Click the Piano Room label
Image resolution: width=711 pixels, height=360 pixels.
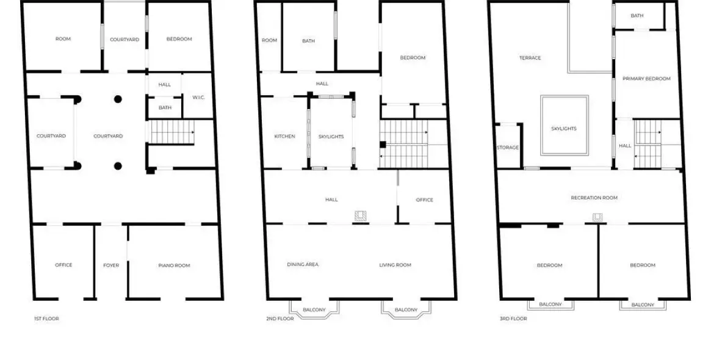tap(174, 265)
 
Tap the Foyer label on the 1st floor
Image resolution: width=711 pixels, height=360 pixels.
tap(111, 265)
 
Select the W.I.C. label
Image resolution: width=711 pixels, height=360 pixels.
tap(198, 97)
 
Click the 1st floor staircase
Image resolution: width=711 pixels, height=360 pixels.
tap(172, 132)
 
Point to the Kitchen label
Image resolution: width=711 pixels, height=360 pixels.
tap(285, 137)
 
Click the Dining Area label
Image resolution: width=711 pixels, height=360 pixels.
tap(303, 264)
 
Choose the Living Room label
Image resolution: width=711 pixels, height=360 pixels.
tap(395, 265)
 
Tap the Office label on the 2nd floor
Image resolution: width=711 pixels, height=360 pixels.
tap(424, 200)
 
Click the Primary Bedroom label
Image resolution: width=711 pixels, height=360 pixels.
tap(646, 79)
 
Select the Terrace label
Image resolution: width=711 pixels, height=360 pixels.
tap(530, 57)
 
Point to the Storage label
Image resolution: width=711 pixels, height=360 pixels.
tap(508, 147)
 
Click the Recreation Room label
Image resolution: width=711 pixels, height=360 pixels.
tap(594, 198)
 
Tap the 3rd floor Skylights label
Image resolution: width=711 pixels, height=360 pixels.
tap(564, 129)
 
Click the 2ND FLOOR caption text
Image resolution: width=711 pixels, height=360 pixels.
tap(280, 319)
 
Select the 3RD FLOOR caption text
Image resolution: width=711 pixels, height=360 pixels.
tap(513, 319)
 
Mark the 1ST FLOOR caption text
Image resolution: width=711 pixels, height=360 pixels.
tap(47, 319)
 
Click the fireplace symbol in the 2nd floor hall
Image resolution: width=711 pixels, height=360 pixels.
tap(361, 216)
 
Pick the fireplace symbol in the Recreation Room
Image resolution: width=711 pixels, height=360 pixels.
tap(597, 218)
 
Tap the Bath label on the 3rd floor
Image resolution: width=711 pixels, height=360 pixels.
tap(637, 16)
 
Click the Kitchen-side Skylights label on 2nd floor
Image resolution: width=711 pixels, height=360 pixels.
tap(331, 137)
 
